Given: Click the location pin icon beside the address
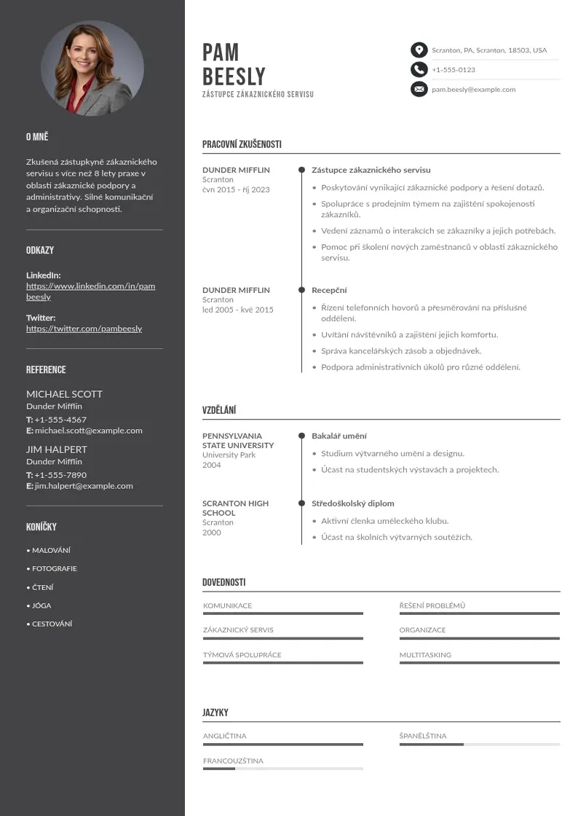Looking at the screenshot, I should tap(419, 50).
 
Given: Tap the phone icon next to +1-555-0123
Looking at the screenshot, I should tap(419, 70).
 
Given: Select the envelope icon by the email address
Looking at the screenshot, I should tap(419, 90).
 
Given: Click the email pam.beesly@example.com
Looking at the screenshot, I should tap(473, 90).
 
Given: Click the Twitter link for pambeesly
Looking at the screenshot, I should tap(84, 329).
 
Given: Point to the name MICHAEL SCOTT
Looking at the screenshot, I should tap(64, 394).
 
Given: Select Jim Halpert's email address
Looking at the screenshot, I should tap(84, 486).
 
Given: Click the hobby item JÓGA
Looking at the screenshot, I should tap(41, 605).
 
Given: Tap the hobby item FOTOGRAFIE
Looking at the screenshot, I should tap(54, 568).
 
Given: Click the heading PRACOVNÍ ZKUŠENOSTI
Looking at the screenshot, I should tap(242, 144).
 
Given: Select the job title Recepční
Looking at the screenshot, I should tap(329, 290).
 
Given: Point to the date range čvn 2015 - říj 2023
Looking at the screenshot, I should tap(236, 189).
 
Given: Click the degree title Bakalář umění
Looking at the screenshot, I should tap(339, 436).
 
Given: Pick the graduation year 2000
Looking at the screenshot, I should tap(211, 533).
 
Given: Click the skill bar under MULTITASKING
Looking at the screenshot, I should tap(479, 662).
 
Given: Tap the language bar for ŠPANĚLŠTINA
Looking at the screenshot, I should tap(479, 745).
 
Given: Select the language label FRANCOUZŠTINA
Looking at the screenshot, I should tap(233, 761).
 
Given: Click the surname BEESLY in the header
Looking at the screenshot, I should tap(234, 76).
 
